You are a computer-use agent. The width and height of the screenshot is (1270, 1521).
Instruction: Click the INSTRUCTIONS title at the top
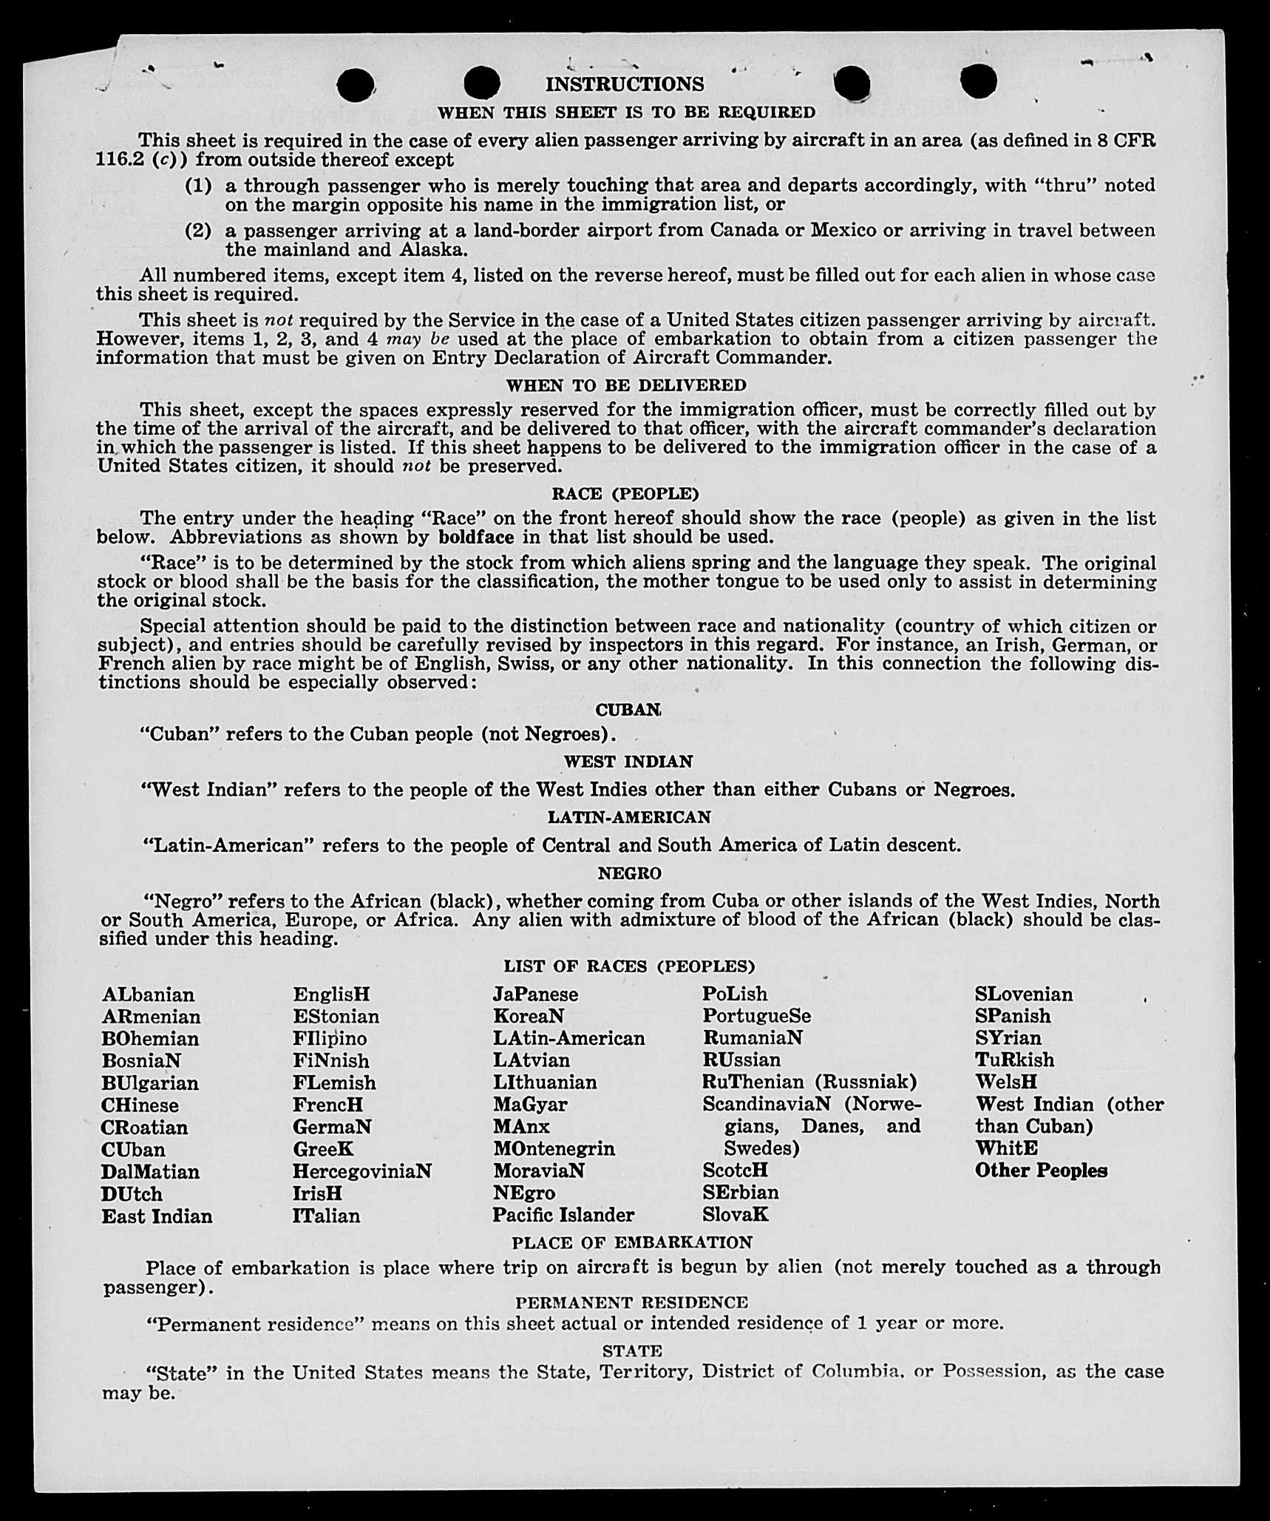coord(625,84)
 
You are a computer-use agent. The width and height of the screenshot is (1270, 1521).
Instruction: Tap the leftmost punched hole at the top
coord(355,85)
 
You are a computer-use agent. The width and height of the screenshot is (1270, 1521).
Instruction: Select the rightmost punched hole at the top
coord(979,81)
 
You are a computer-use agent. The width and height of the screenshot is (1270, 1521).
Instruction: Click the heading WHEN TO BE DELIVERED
coord(626,385)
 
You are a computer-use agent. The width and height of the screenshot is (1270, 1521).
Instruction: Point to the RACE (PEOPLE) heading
coord(625,493)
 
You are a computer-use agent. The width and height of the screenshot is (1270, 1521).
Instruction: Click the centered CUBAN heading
coord(628,710)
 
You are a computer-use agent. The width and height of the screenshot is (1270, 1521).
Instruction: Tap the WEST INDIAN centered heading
coord(628,762)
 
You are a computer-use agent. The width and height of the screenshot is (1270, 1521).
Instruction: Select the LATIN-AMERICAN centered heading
coord(628,817)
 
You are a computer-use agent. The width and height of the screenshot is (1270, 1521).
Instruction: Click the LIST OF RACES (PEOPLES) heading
coord(629,966)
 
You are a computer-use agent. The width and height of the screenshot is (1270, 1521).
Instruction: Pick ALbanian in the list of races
coord(149,995)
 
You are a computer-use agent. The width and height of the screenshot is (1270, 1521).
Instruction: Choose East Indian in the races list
coord(157,1216)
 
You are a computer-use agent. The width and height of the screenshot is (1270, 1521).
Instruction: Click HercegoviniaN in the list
coord(361,1171)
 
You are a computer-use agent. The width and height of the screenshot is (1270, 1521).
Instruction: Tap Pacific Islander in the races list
coord(563,1215)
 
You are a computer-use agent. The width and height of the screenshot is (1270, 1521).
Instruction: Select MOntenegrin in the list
coord(554,1148)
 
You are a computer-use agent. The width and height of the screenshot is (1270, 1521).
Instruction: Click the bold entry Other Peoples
coord(1041,1171)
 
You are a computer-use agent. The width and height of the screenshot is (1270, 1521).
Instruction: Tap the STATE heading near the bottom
coord(632,1351)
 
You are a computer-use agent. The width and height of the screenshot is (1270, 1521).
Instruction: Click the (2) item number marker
coord(198,231)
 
